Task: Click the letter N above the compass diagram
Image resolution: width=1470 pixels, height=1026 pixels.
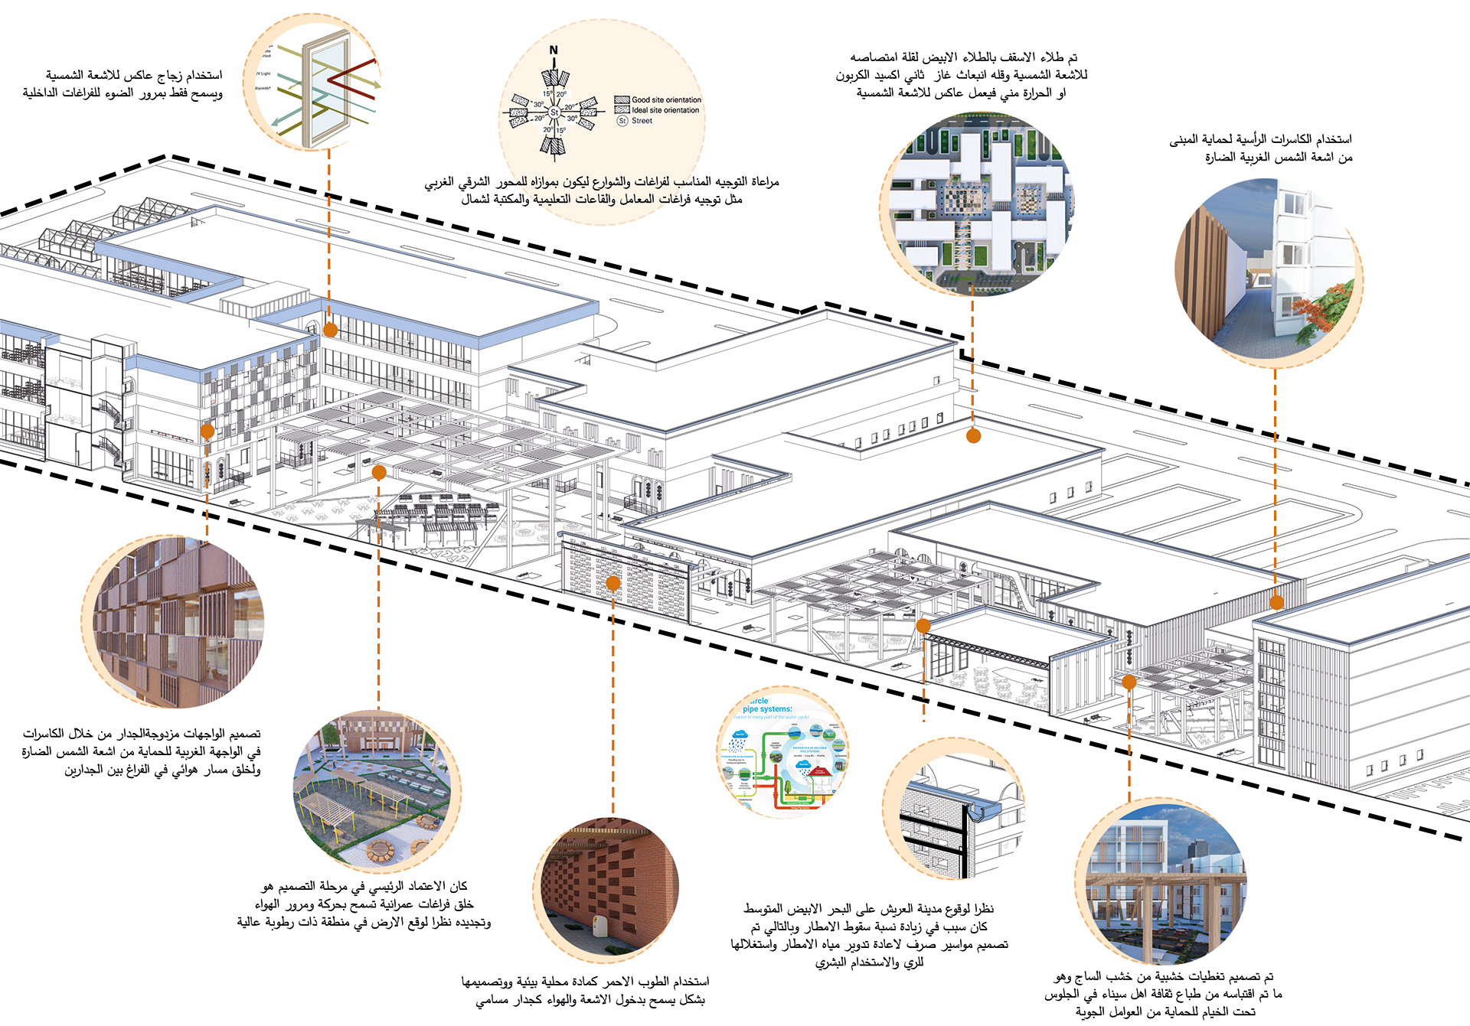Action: coord(554,50)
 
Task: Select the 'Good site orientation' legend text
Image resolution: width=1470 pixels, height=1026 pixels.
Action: coord(666,99)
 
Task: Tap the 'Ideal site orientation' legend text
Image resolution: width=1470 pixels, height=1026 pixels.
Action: coord(665,110)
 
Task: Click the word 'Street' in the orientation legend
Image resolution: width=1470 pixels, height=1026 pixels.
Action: coord(642,121)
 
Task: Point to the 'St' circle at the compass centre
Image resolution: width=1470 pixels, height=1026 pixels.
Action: coord(554,112)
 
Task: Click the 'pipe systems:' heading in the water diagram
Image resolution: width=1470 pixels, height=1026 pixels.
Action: coord(767,709)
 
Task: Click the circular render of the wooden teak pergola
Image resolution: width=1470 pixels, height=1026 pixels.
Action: coord(1161,880)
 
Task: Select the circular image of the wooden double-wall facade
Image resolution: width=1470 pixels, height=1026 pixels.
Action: coord(173,621)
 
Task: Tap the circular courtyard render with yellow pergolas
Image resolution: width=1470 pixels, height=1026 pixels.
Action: coord(377,792)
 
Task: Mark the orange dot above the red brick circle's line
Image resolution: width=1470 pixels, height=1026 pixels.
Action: coord(612,584)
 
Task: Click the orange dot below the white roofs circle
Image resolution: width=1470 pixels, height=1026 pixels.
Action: coord(973,436)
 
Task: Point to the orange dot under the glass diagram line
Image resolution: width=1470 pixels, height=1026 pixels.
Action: coord(330,330)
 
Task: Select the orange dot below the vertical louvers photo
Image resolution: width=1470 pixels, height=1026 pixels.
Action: coord(1276,602)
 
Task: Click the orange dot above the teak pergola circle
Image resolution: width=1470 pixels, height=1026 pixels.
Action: coord(1129,682)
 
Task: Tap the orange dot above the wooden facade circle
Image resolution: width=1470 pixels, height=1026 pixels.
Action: coord(207,432)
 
